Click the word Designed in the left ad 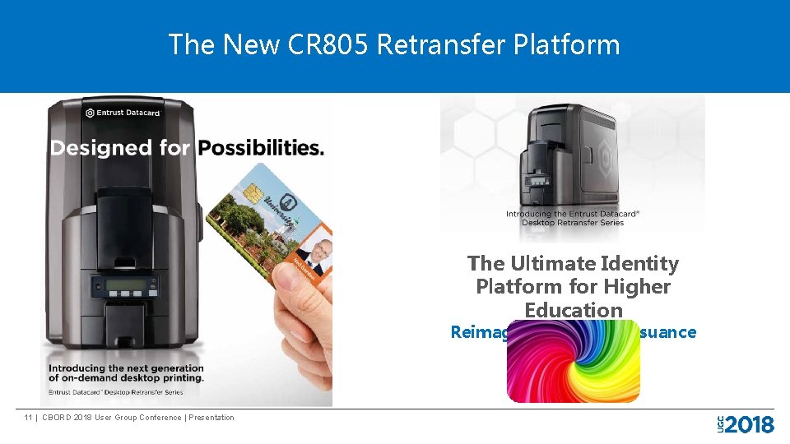pos(101,148)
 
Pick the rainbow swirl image pos(573,362)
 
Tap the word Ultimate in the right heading pos(555,264)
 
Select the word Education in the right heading pos(573,310)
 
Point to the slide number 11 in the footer pos(29,418)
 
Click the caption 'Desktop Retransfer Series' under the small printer pos(572,223)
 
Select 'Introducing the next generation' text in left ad pos(126,368)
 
